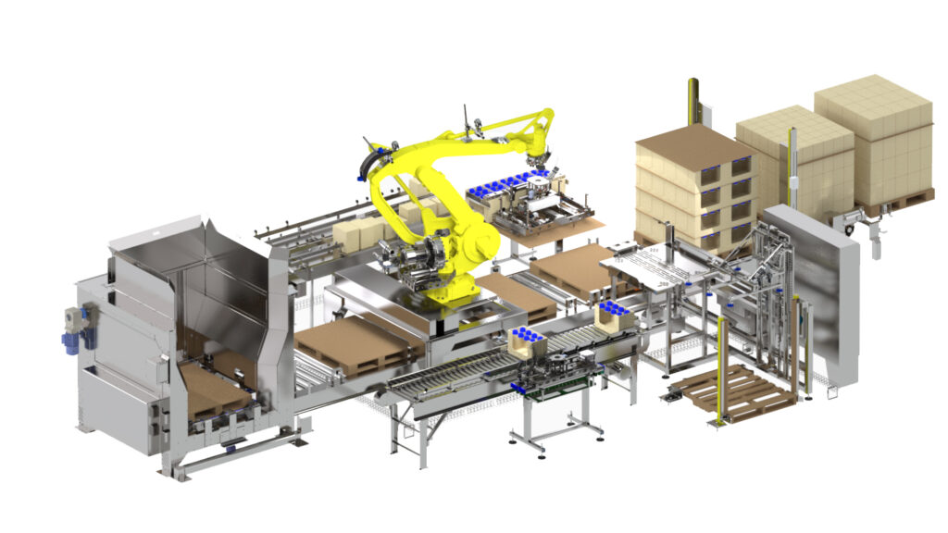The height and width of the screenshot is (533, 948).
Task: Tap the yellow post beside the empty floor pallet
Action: point(721,370)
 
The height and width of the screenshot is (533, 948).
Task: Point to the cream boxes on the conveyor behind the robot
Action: point(357,233)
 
